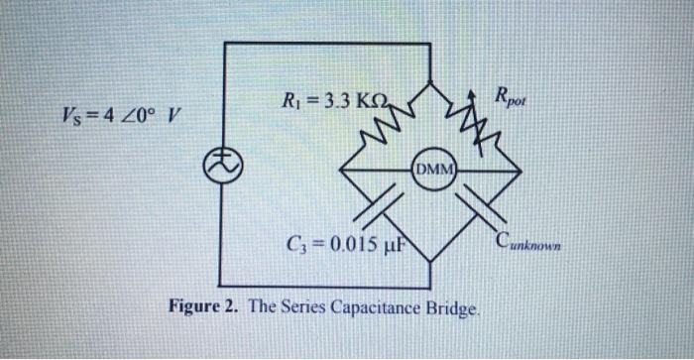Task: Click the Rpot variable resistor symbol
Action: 473,119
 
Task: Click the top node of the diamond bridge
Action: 430,80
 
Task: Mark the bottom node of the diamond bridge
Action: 430,260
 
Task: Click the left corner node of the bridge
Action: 340,170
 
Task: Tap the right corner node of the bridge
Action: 521,170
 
